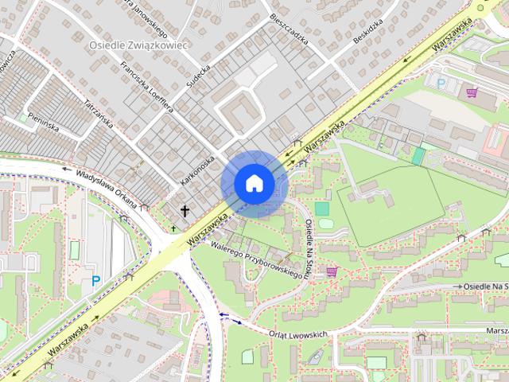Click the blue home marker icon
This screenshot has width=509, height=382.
253,184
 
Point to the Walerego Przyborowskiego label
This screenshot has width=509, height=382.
259,260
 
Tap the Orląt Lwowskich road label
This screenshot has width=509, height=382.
298,335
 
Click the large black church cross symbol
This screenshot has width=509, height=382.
185,212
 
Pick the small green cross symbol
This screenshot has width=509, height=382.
174,229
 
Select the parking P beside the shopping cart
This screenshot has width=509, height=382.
441,83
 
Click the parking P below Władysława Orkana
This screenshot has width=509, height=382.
96,280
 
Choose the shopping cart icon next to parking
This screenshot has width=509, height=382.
472,92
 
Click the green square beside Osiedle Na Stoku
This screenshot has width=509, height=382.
321,209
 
